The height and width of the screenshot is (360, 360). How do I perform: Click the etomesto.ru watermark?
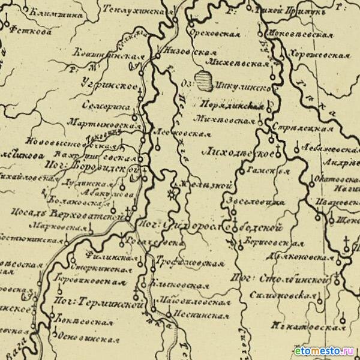(323, 350)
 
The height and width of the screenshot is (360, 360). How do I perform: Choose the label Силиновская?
(289, 294)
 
